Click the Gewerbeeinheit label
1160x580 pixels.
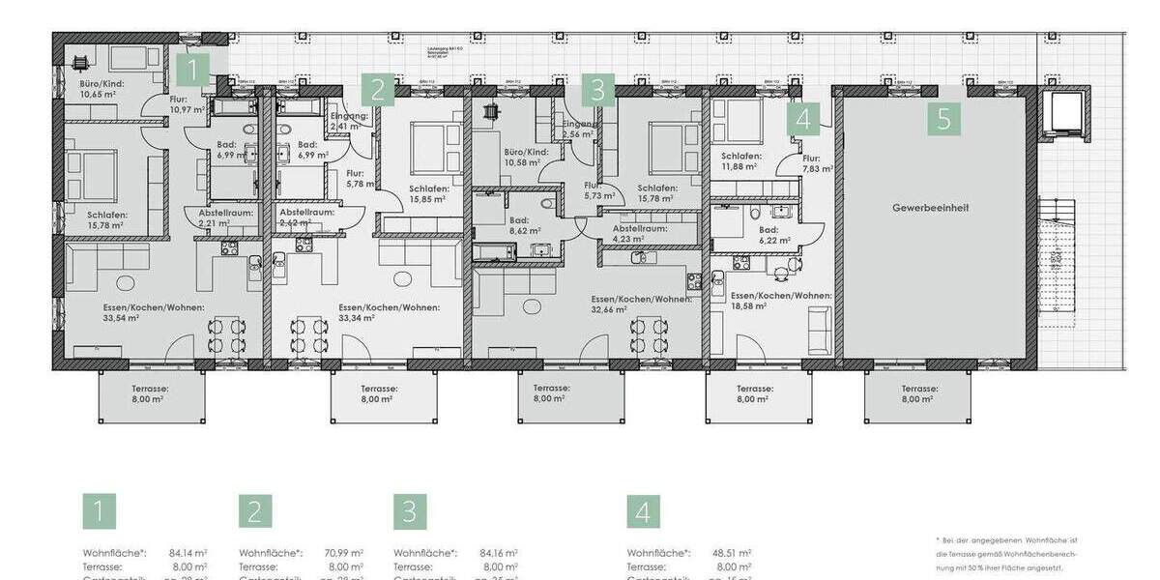931,208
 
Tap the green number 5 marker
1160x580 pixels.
944,120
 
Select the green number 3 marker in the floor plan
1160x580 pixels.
597,91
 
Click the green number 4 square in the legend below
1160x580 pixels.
643,512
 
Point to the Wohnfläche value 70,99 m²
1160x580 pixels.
344,553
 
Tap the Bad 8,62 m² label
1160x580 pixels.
526,226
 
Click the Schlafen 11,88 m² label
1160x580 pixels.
741,160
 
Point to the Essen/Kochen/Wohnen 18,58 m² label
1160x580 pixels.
781,300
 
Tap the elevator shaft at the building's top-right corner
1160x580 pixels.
1066,115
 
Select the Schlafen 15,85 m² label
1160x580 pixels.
426,193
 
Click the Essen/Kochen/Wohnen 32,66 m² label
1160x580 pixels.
642,304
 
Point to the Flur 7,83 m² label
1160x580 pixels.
810,163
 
